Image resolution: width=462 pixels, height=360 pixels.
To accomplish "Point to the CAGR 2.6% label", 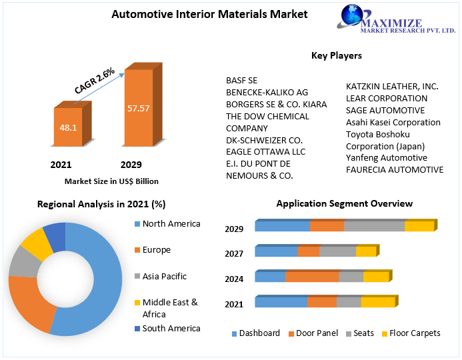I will pos(94,81).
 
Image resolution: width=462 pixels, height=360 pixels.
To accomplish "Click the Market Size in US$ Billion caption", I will pos(111,181).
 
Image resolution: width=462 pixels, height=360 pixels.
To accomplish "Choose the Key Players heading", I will pos(337,55).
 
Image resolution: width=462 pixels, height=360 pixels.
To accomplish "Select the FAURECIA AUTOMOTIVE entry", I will pos(395,170).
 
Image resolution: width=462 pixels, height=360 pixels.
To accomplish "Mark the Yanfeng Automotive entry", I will pos(387,158).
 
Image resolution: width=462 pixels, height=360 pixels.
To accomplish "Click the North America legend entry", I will pos(171,224).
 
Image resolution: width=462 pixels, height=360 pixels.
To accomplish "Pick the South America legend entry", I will pos(171,328).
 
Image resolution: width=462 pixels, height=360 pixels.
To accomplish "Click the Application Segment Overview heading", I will pos(344,203).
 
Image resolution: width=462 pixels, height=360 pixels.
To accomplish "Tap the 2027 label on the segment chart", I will pos(234,254).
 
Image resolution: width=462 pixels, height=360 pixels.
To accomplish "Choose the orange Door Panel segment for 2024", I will pos(312,277).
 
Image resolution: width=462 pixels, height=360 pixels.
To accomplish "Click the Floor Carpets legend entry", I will pos(414,333).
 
